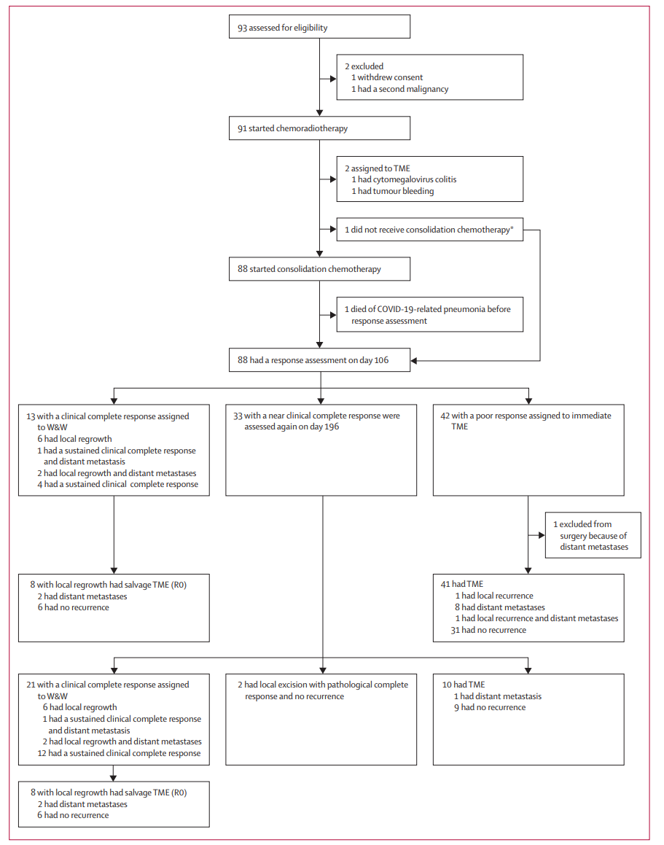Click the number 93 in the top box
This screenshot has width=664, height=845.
click(243, 28)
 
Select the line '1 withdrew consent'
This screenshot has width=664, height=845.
click(387, 77)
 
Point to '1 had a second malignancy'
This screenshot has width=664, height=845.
click(400, 89)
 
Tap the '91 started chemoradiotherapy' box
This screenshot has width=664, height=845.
click(319, 128)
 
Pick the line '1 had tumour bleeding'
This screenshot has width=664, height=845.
click(393, 191)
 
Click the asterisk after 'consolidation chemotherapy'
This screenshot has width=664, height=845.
click(512, 228)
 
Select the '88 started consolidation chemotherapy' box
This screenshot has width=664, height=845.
click(319, 269)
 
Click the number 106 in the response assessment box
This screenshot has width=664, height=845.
click(382, 360)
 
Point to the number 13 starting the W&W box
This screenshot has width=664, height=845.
click(31, 416)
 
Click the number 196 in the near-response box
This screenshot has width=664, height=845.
click(332, 427)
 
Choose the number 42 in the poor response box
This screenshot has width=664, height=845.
click(445, 416)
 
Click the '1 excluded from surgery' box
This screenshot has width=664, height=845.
click(593, 535)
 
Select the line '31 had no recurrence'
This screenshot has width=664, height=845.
click(488, 630)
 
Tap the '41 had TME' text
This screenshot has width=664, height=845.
click(462, 584)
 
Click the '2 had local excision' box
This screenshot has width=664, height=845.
click(321, 720)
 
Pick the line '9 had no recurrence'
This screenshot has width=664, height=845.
click(490, 708)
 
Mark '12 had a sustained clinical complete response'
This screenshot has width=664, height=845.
click(119, 753)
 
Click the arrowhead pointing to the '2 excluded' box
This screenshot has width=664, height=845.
click(333, 79)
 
